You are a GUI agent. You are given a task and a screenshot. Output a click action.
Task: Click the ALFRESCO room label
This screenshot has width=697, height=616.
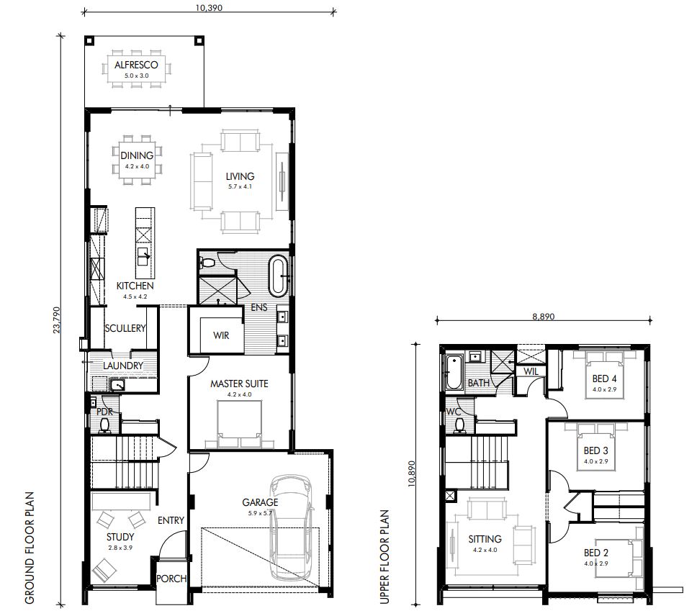(136, 65)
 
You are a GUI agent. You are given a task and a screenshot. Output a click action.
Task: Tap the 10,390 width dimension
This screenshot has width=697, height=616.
(209, 7)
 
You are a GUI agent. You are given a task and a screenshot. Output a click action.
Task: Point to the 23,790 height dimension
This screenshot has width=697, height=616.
(56, 320)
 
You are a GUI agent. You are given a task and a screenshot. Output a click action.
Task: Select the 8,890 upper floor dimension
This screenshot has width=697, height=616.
(544, 317)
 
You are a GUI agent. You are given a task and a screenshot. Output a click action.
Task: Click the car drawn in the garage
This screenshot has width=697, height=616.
(291, 527)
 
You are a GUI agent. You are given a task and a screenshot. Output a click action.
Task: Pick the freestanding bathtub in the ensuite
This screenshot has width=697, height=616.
(279, 276)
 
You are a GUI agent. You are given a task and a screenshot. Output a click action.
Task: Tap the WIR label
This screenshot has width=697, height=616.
(221, 335)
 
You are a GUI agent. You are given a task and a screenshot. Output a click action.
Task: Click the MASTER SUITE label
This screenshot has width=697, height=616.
(239, 384)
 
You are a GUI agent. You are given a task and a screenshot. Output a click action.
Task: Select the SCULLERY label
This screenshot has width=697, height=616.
(125, 328)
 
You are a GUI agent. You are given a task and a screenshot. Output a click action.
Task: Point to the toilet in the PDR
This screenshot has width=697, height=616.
(104, 425)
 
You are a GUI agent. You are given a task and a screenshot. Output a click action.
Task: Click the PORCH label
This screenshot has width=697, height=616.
(171, 579)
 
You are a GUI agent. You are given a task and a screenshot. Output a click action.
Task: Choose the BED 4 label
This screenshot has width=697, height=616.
(604, 379)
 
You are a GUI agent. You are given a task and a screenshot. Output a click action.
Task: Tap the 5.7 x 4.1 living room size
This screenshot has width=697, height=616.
(240, 186)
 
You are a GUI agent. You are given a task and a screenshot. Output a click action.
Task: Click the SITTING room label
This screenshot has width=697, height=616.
(485, 539)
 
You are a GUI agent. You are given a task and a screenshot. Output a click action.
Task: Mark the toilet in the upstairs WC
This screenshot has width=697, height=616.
(459, 425)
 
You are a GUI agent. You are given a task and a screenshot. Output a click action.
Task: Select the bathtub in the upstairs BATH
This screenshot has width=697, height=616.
(454, 372)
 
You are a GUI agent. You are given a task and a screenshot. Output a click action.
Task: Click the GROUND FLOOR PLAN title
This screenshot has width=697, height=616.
(30, 548)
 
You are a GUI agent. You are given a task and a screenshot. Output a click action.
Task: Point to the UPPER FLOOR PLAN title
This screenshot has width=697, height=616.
(385, 556)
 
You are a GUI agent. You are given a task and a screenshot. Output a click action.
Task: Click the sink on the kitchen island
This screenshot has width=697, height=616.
(143, 256)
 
